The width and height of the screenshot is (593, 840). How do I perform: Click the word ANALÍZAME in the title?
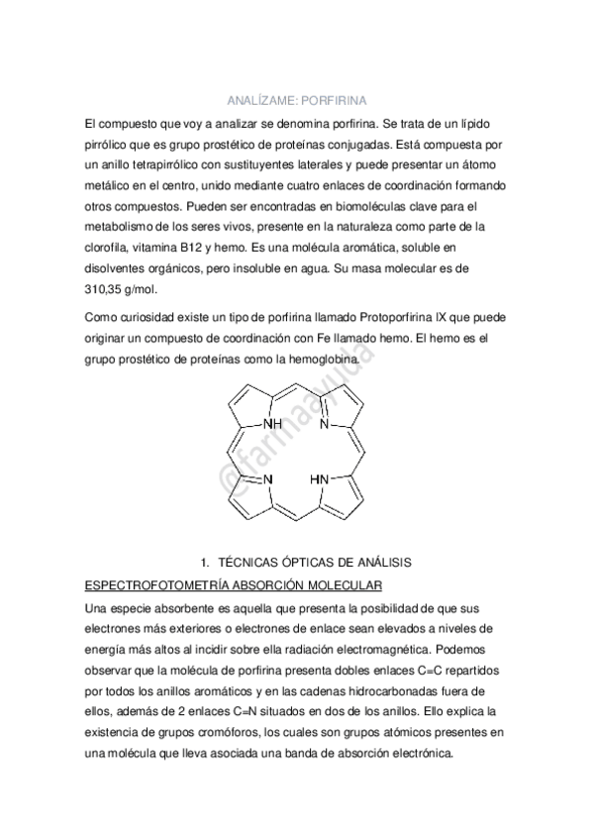[x=257, y=101]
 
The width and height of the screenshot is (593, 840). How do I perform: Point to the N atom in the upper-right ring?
[x=324, y=423]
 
